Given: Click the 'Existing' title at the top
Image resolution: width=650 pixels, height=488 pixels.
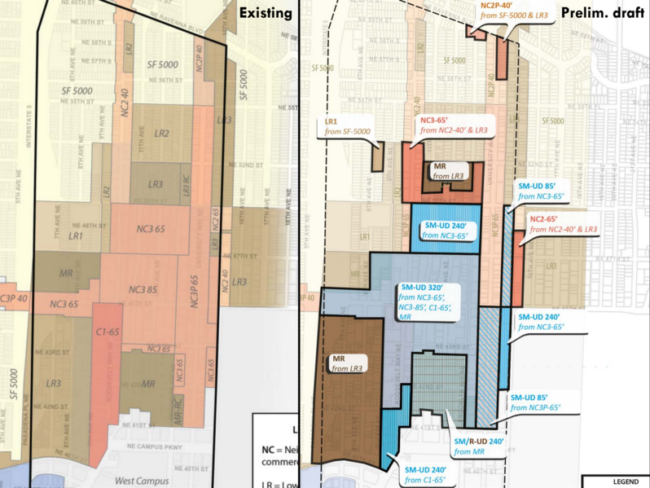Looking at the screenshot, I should pyautogui.click(x=264, y=14).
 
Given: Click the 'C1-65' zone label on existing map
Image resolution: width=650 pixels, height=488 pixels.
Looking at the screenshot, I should pyautogui.click(x=107, y=332).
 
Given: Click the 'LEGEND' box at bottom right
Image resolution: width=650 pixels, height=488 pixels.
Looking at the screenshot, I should pyautogui.click(x=626, y=481).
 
